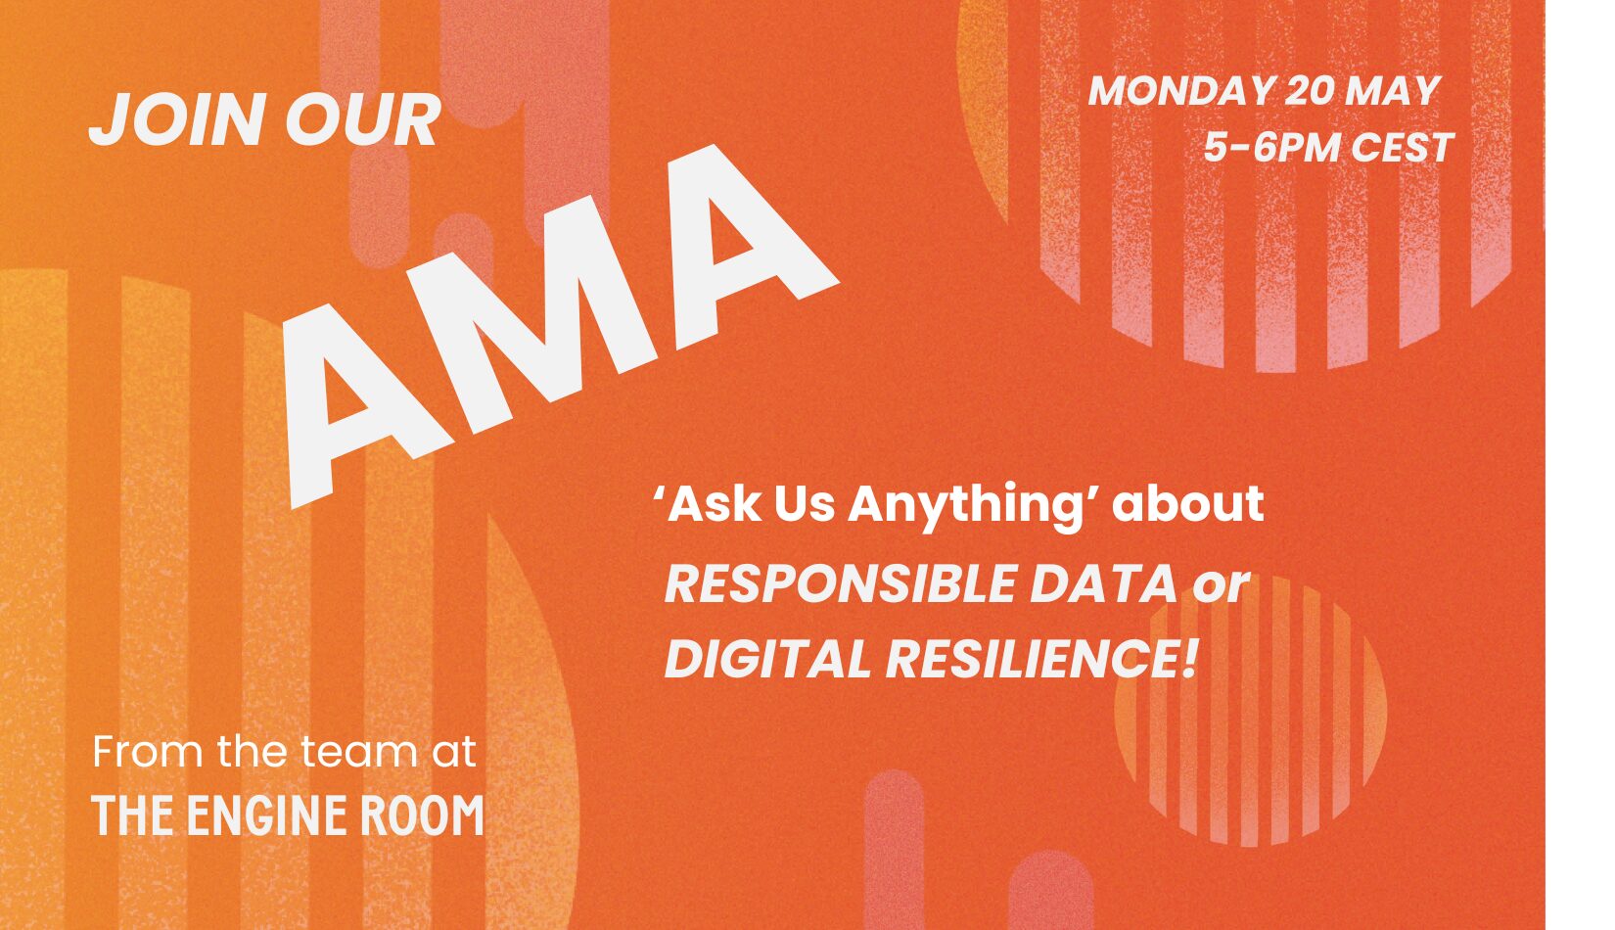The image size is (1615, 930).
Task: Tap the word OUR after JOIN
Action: coord(363,119)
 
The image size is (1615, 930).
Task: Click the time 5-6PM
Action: coord(1271,148)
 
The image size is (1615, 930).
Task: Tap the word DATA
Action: coord(1104,584)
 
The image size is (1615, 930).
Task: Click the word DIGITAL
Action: coord(767,659)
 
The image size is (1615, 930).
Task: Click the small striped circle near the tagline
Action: coord(1251,710)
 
